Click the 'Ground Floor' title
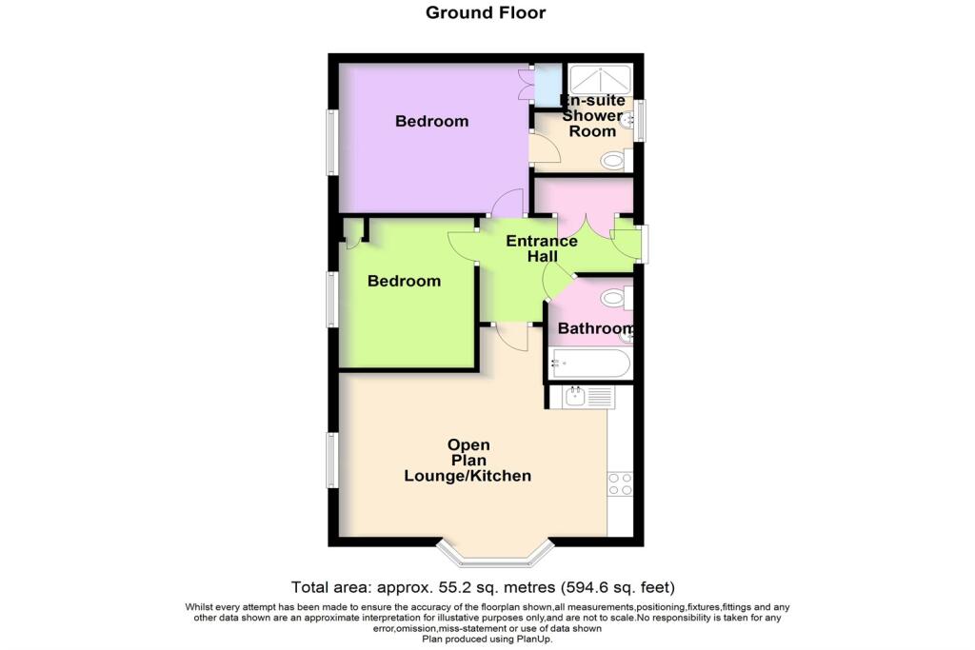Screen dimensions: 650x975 (x=486, y=12)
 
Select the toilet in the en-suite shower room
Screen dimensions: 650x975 (x=614, y=160)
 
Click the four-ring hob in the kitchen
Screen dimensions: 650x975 (x=619, y=484)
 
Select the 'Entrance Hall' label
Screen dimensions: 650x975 (x=541, y=248)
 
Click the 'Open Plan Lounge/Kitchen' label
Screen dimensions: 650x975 (x=468, y=461)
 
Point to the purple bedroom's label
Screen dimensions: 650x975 (x=432, y=122)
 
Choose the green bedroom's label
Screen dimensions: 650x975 (x=405, y=281)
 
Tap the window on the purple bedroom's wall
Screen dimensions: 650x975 (x=332, y=143)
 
